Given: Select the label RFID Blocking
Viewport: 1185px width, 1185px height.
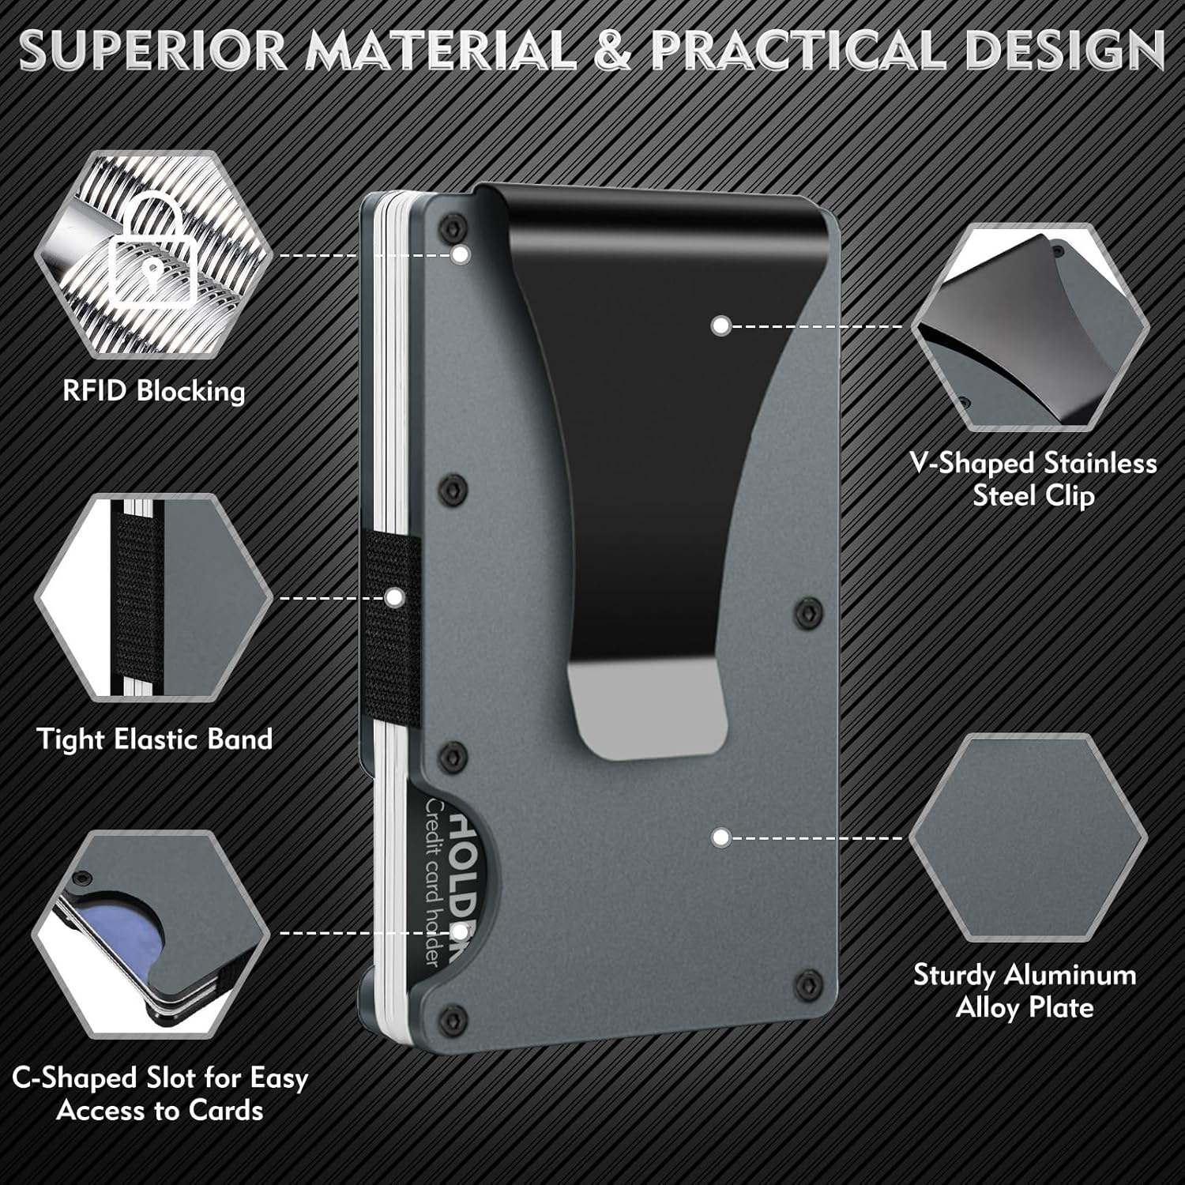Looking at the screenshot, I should [x=154, y=391].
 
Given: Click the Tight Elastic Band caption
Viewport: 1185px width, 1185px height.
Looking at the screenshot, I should [x=155, y=739].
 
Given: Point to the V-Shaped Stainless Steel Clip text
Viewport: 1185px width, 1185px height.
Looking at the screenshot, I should [x=1033, y=479].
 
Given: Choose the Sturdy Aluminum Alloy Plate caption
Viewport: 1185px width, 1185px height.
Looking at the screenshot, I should [x=1025, y=991].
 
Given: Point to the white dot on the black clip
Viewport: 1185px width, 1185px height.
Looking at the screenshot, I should [x=720, y=325].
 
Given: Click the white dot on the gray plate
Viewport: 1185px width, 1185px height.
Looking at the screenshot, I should [x=720, y=837].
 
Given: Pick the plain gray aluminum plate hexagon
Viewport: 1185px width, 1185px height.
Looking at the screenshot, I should [x=1027, y=837].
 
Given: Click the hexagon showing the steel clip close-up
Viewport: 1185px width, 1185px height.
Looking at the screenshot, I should [x=1029, y=327].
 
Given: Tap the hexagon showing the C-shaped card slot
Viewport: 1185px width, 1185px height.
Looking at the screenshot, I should [x=150, y=932].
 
